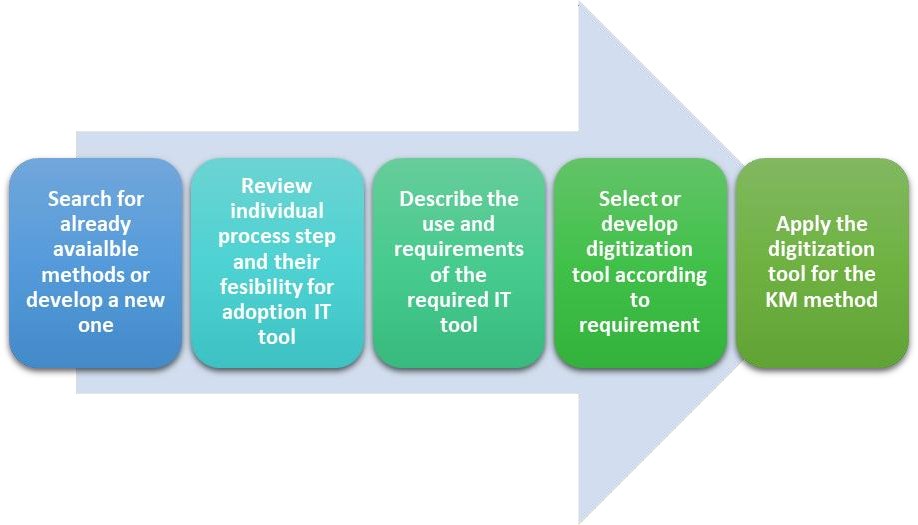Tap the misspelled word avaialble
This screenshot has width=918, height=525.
(96, 249)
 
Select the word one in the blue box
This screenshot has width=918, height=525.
(96, 325)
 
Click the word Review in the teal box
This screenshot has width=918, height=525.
(276, 186)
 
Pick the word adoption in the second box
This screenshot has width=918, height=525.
(264, 313)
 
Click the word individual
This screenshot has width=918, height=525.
(277, 211)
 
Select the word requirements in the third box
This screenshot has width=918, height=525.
(459, 250)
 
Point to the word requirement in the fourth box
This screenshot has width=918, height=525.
(639, 325)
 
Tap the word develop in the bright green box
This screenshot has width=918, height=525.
(639, 225)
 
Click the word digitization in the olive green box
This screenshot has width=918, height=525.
(821, 250)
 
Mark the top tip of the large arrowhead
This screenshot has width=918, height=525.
(579, 3)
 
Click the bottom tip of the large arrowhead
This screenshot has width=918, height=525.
(579, 523)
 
